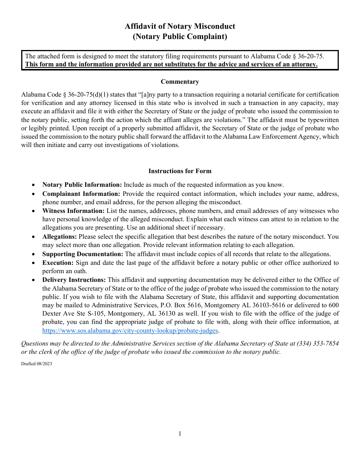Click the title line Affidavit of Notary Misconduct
(x=180, y=26)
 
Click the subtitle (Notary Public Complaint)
(x=180, y=37)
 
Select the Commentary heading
(x=180, y=82)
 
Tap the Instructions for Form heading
(x=180, y=171)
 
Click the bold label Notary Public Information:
(x=82, y=185)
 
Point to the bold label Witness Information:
(x=73, y=211)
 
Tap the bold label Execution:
(x=58, y=263)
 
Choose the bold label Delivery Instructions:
(x=74, y=280)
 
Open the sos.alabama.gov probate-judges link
(x=130, y=330)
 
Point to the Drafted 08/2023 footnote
(x=36, y=364)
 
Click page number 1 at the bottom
(x=180, y=434)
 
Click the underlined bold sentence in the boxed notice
(x=171, y=64)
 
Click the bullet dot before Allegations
(x=34, y=237)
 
